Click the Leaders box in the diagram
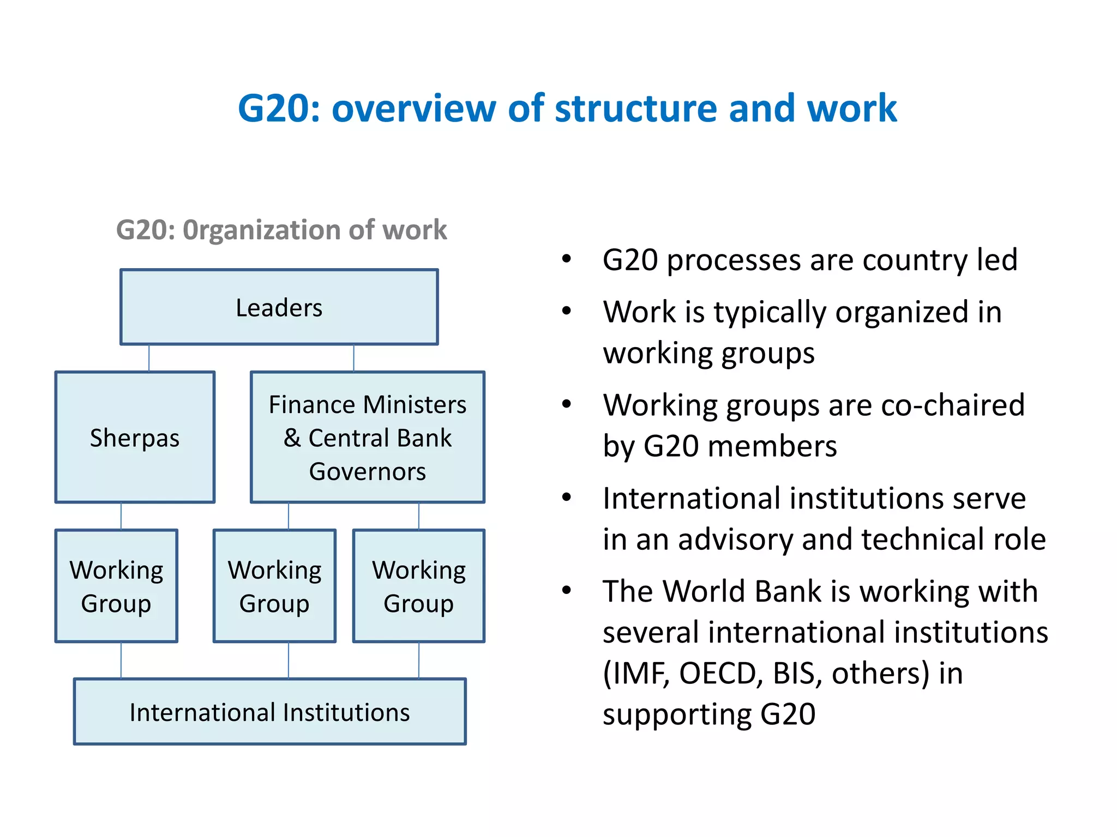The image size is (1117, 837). coord(279,307)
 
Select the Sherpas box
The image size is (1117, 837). coord(135,438)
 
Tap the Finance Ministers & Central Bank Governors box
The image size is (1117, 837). coord(367,438)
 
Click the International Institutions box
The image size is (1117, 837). coord(269,712)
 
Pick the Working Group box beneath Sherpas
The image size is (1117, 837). coord(116,586)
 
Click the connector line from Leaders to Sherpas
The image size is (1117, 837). coord(149,358)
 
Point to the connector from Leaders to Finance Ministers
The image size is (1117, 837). coord(353,358)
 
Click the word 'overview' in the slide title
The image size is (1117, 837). coord(414,108)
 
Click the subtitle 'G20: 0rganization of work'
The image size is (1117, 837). coord(281,229)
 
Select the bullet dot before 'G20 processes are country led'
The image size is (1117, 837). coord(567,259)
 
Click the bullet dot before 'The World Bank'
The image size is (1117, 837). coord(567,590)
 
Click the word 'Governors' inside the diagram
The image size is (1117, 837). coord(367,471)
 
